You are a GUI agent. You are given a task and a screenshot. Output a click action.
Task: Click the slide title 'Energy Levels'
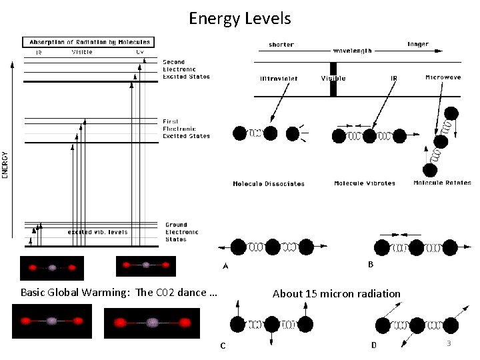coord(239,18)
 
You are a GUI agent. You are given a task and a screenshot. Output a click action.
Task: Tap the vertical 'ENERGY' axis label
coord(5,164)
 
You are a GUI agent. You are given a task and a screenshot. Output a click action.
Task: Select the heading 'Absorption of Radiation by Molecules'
coord(89,42)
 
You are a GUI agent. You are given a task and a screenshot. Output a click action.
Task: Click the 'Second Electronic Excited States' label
coord(186,69)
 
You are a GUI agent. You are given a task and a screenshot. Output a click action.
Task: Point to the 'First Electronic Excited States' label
coord(186,129)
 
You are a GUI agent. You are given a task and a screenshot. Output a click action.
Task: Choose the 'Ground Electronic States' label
coord(181,232)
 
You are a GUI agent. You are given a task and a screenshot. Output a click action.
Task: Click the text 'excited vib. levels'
coord(97,233)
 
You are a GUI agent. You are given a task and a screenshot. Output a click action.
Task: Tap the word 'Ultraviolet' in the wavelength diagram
coord(279,79)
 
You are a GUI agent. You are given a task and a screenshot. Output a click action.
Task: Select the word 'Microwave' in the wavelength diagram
coord(443,78)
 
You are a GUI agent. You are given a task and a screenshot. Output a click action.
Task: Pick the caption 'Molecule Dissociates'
coord(268,183)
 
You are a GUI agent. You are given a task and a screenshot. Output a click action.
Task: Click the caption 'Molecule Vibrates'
coord(364,183)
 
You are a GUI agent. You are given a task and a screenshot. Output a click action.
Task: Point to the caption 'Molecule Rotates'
coord(442,183)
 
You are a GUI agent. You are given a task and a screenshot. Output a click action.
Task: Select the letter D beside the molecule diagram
coord(374,345)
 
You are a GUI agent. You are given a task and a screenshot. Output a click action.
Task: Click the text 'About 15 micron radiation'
coord(337,294)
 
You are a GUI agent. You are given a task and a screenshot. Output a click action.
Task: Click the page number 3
coord(449,343)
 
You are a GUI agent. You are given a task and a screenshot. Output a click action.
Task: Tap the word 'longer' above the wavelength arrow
coord(417,45)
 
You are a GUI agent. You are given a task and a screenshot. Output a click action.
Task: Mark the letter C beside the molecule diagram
coord(223,345)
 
